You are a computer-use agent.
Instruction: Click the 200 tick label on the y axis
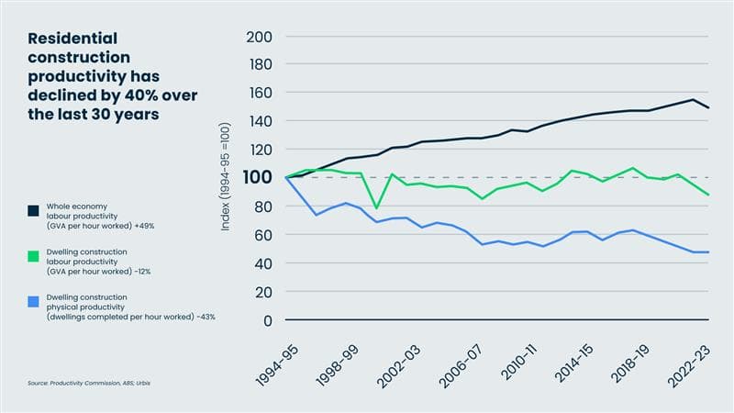point(261,37)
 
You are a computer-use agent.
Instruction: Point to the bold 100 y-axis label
point(260,177)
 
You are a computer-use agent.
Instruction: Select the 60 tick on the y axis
point(263,235)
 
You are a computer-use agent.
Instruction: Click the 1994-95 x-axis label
point(273,361)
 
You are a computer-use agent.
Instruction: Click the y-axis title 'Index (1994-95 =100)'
point(226,179)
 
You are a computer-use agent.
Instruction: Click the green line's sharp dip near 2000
point(375,208)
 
